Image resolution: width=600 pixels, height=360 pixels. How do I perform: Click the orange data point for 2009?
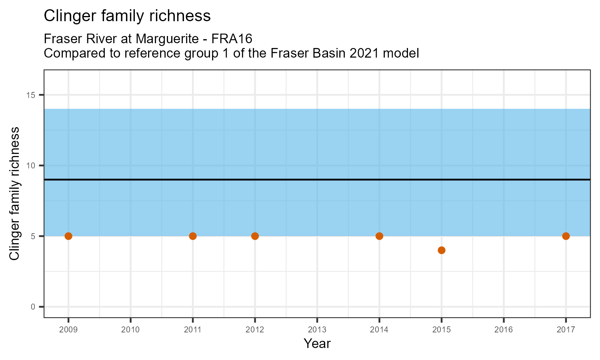pyautogui.click(x=68, y=236)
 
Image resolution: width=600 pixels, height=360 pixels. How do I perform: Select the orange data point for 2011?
pyautogui.click(x=193, y=236)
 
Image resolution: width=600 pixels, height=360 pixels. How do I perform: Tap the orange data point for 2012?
pyautogui.click(x=255, y=236)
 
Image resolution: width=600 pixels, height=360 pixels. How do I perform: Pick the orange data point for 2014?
pyautogui.click(x=379, y=236)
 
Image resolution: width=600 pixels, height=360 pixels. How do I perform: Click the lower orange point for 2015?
pyautogui.click(x=442, y=250)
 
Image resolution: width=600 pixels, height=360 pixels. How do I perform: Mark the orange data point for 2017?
pyautogui.click(x=566, y=236)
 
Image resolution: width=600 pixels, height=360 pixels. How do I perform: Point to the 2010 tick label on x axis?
pyautogui.click(x=130, y=330)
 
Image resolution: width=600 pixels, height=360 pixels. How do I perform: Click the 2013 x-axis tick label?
pyautogui.click(x=317, y=330)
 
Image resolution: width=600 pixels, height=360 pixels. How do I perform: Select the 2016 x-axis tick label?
pyautogui.click(x=504, y=330)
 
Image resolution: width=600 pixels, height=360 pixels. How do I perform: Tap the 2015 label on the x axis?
pyautogui.click(x=442, y=330)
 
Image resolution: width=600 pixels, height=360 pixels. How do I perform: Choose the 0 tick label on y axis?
pyautogui.click(x=34, y=307)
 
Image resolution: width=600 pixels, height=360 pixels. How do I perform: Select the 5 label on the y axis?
pyautogui.click(x=34, y=236)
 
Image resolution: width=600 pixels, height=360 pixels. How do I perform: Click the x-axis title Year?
pyautogui.click(x=317, y=344)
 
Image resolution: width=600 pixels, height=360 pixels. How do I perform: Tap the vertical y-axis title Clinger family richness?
pyautogui.click(x=14, y=194)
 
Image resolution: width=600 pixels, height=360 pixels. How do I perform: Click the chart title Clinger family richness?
pyautogui.click(x=127, y=16)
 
